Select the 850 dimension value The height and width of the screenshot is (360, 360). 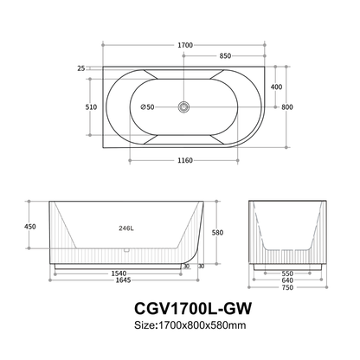[x=224, y=56]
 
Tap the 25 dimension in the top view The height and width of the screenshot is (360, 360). [x=80, y=67]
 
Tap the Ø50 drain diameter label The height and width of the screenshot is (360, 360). [x=148, y=107]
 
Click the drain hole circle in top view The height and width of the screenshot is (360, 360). [x=183, y=108]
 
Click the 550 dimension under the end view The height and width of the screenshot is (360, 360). [x=288, y=273]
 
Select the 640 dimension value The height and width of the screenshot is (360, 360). [x=288, y=280]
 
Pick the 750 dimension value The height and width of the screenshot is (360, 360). [x=288, y=287]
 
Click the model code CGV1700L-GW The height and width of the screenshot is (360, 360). [x=179, y=307]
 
